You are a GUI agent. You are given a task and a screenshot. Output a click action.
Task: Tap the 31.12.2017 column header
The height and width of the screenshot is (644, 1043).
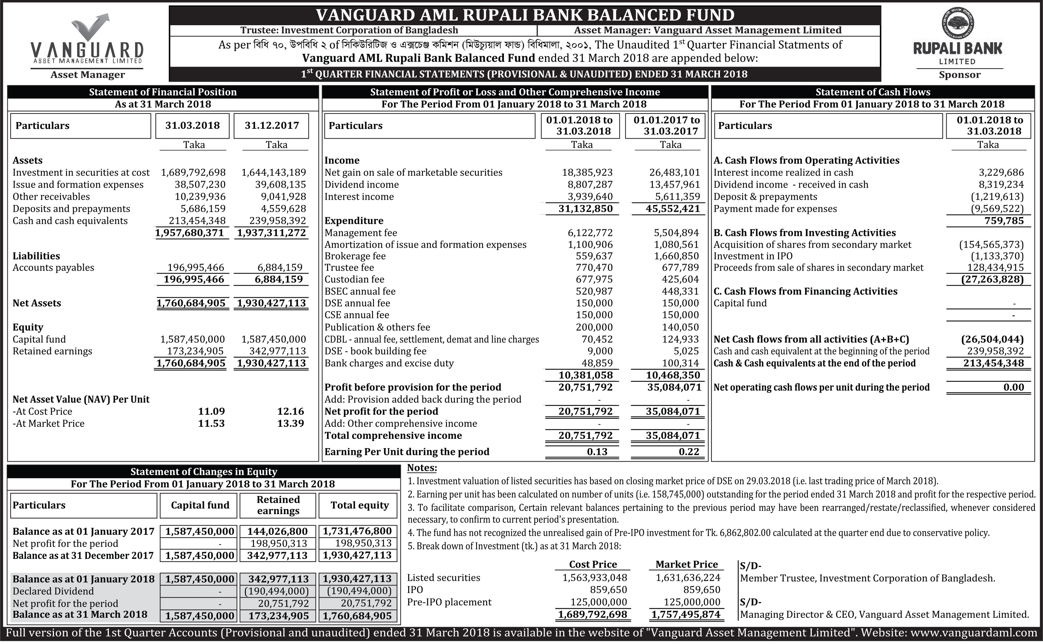pos(272,125)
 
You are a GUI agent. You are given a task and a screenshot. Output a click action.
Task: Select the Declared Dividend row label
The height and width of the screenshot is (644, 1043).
pos(53,591)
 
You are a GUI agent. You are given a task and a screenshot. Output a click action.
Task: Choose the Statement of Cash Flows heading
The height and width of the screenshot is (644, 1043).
pos(873,92)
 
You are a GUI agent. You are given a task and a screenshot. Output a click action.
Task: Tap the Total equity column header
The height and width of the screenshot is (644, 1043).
pos(359,505)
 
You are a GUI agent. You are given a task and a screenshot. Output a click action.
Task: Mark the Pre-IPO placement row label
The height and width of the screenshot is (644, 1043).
pos(449,602)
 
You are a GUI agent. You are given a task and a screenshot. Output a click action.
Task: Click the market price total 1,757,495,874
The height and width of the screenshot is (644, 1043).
pos(686,614)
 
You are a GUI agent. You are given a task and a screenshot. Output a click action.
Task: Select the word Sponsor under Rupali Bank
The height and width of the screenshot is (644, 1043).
pos(960,75)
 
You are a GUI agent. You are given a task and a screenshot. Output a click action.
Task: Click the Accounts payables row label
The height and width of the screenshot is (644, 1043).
pos(53,268)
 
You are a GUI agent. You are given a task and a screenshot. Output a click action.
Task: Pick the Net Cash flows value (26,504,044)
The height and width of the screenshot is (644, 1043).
pos(992,339)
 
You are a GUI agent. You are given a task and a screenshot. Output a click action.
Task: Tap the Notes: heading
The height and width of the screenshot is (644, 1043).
pos(422,468)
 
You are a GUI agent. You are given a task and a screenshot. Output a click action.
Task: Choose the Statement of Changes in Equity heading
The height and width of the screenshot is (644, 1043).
pos(204,472)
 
